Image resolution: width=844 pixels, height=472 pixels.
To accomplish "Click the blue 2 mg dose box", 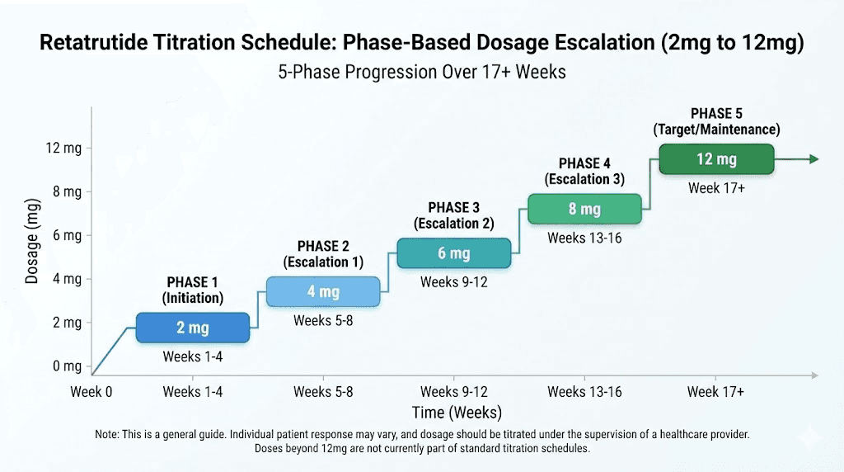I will click(x=192, y=328).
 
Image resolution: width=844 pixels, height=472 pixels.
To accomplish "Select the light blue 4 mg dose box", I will click(x=323, y=292).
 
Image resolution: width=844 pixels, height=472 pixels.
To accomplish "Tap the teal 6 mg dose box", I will click(x=453, y=253).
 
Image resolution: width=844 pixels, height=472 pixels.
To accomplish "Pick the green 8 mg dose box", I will click(x=584, y=209).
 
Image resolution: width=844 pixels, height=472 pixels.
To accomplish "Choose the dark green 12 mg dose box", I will click(x=716, y=159).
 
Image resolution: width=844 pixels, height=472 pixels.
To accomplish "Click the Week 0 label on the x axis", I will click(x=91, y=392).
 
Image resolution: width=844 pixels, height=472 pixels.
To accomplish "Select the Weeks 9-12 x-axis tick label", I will click(x=453, y=392).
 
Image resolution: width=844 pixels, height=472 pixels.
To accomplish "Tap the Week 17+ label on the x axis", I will click(x=715, y=392).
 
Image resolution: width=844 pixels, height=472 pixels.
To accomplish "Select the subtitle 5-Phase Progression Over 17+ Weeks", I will click(x=422, y=72).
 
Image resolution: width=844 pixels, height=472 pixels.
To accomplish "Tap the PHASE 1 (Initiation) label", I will click(x=192, y=290).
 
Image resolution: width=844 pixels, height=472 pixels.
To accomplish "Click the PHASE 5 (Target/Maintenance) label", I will click(x=715, y=121).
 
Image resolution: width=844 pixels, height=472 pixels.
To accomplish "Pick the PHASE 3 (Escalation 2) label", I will click(x=453, y=215).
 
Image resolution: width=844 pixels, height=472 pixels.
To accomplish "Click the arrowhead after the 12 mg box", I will click(x=814, y=159).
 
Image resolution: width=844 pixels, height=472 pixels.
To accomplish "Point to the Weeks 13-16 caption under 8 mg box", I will click(x=584, y=238).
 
